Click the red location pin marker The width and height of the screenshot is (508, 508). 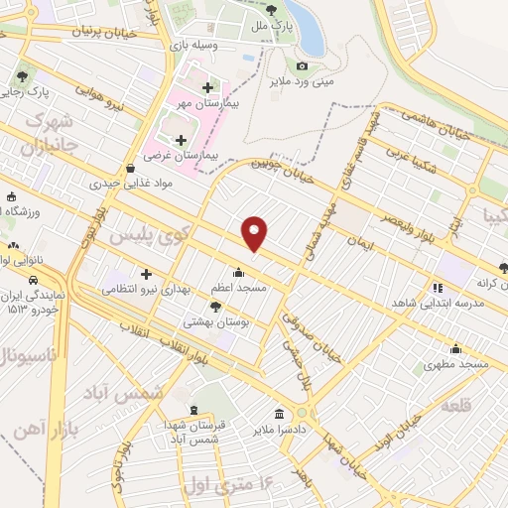click(x=256, y=232)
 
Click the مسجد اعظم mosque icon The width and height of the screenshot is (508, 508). click(x=238, y=273)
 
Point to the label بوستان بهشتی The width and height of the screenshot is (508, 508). click(x=215, y=322)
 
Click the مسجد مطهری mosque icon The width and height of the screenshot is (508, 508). click(x=455, y=348)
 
